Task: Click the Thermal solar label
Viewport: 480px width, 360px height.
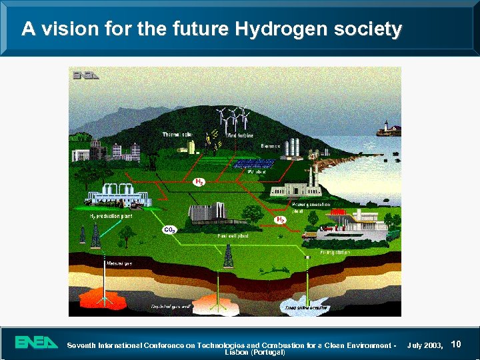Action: pyautogui.click(x=177, y=135)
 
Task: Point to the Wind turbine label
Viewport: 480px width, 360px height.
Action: pyautogui.click(x=241, y=136)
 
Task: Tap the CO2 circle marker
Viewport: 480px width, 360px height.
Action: pyautogui.click(x=169, y=229)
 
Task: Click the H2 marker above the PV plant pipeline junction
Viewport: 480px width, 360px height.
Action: pyautogui.click(x=199, y=181)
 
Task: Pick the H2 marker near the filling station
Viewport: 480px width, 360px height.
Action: pyautogui.click(x=281, y=219)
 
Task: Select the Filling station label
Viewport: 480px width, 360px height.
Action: pyautogui.click(x=335, y=253)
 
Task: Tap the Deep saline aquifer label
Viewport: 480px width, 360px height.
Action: pyautogui.click(x=303, y=307)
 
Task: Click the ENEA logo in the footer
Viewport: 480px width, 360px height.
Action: pyautogui.click(x=37, y=343)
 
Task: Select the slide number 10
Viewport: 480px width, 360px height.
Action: pyautogui.click(x=457, y=344)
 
